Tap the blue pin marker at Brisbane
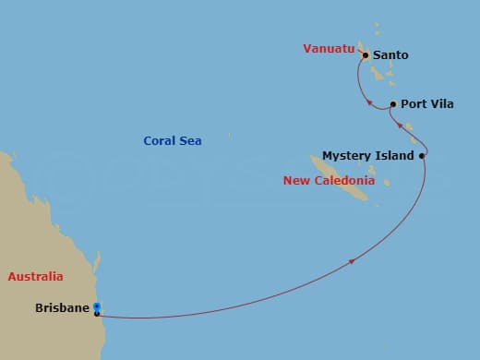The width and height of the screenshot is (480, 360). coord(96,307)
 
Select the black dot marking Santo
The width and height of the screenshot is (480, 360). coord(366,55)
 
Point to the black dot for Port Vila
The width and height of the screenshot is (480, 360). coord(393,104)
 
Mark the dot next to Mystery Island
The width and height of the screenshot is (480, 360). coord(422,156)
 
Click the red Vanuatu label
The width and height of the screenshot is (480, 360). coord(329,49)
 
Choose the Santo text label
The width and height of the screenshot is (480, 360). coord(390,55)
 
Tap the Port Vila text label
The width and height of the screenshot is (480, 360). coord(426,104)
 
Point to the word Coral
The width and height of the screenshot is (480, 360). coord(160,141)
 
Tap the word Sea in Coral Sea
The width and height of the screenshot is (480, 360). coord(191,141)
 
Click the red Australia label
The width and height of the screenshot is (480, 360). coord(35,276)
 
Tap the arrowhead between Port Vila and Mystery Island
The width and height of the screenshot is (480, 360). coord(399,126)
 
